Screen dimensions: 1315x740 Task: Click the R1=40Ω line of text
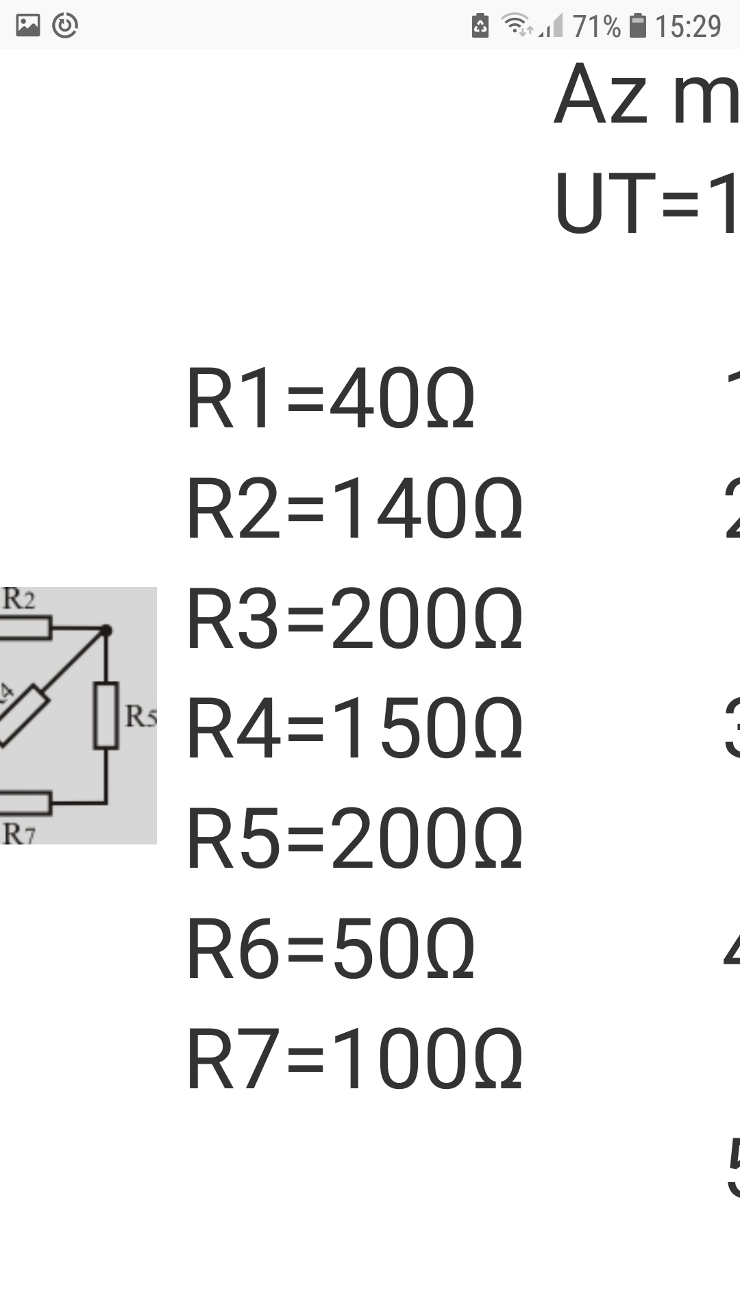click(330, 399)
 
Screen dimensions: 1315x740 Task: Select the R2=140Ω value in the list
click(354, 509)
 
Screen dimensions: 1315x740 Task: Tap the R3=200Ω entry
click(354, 619)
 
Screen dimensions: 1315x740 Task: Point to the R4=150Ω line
click(354, 729)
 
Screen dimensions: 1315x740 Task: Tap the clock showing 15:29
click(688, 27)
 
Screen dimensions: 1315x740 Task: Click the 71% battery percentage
click(596, 27)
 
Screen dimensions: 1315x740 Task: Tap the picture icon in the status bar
click(28, 25)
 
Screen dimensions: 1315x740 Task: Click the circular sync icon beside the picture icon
click(65, 25)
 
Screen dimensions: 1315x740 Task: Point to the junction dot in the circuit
click(106, 630)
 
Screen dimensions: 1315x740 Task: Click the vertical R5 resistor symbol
click(106, 714)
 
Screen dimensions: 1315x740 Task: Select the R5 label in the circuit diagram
click(140, 716)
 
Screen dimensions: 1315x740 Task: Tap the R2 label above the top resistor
click(18, 599)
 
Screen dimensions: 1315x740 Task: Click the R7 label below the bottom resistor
click(18, 834)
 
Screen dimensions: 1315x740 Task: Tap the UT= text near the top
click(644, 204)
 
